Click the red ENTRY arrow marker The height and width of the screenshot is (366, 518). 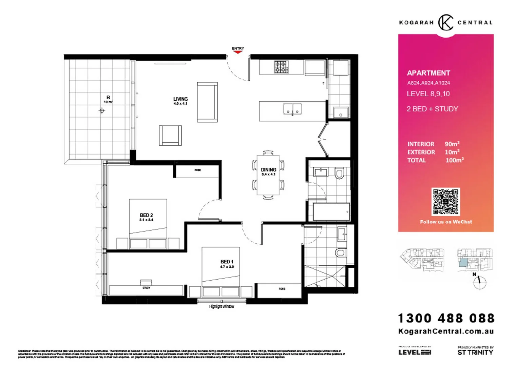pyautogui.click(x=238, y=52)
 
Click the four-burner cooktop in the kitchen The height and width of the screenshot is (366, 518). pyautogui.click(x=281, y=67)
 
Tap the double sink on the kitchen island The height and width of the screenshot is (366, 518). pyautogui.click(x=292, y=109)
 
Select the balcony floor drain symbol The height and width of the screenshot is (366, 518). pyautogui.click(x=102, y=110)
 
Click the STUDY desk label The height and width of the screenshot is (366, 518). pyautogui.click(x=146, y=288)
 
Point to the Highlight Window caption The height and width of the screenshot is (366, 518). pyautogui.click(x=222, y=306)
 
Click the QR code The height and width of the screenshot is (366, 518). pyautogui.click(x=445, y=202)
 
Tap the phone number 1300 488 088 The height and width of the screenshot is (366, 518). pyautogui.click(x=446, y=318)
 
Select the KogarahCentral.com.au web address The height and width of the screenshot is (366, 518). pyautogui.click(x=446, y=331)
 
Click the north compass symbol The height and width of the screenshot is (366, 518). pyautogui.click(x=480, y=282)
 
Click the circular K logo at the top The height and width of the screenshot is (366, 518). pyautogui.click(x=445, y=23)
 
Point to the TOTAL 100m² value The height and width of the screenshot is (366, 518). pyautogui.click(x=454, y=160)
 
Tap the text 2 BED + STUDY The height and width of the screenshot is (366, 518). pyautogui.click(x=432, y=109)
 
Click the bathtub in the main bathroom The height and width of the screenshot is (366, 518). pyautogui.click(x=331, y=212)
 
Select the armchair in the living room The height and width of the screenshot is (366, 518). pyautogui.click(x=170, y=135)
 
